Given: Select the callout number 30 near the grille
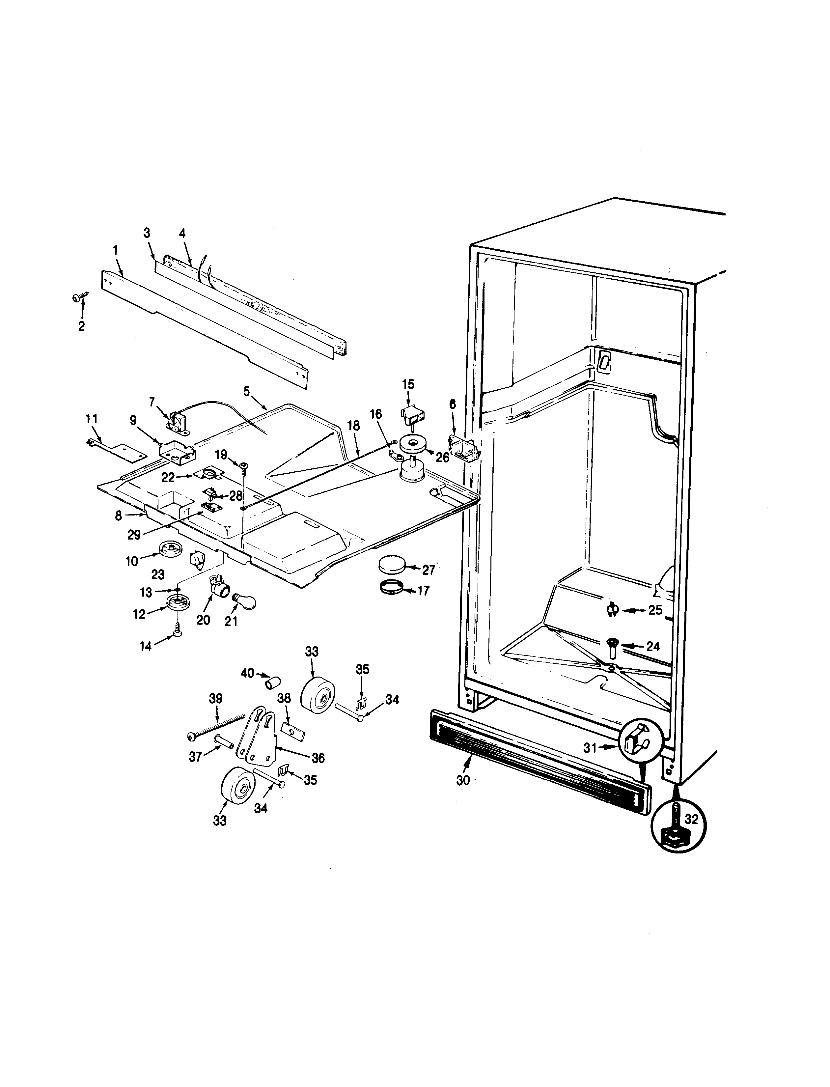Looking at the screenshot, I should [x=463, y=781].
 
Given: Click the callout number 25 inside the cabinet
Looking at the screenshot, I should [x=655, y=610].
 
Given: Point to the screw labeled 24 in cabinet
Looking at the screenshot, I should [x=612, y=648].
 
